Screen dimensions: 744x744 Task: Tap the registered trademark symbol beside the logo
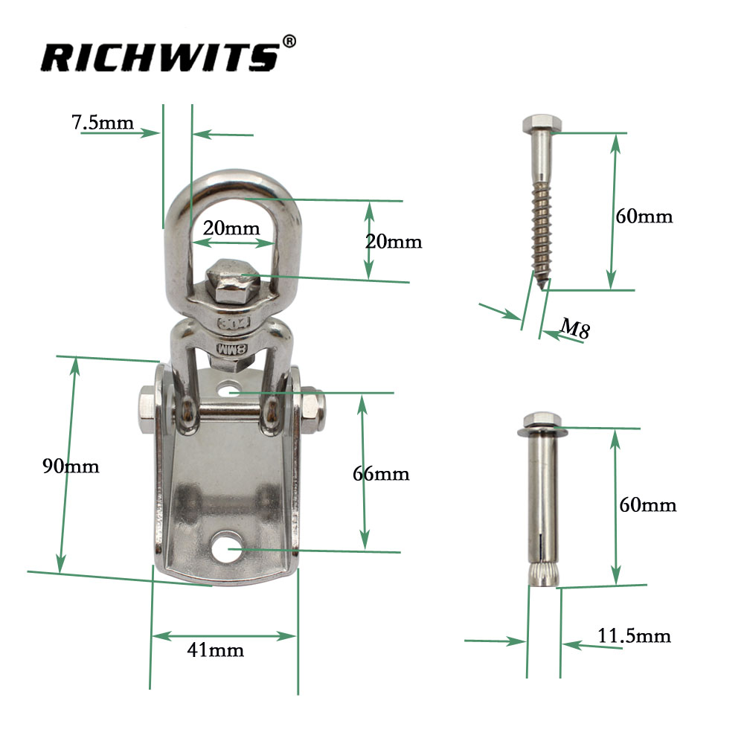click(x=289, y=42)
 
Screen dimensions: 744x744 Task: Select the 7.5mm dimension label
click(x=103, y=122)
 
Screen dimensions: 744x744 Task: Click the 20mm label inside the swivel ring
click(x=231, y=228)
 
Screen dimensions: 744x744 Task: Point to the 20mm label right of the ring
click(x=394, y=241)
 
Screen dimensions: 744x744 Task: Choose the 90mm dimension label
click(x=70, y=466)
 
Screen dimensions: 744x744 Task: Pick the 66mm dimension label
click(x=381, y=474)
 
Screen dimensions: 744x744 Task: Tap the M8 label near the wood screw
click(x=575, y=328)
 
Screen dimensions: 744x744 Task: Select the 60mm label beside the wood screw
click(x=644, y=217)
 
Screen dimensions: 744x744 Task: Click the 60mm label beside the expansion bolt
click(x=648, y=505)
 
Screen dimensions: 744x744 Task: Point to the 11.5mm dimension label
click(x=635, y=636)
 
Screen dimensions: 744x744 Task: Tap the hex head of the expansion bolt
click(x=541, y=420)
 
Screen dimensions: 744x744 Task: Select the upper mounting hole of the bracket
click(x=230, y=388)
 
